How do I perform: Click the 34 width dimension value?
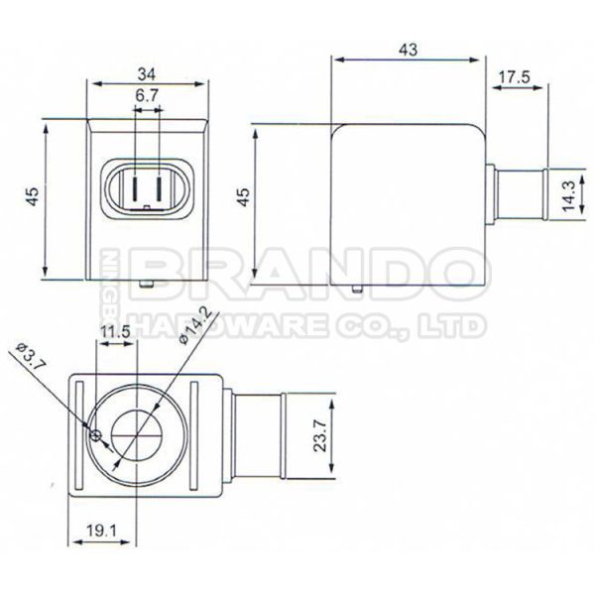pyautogui.click(x=147, y=72)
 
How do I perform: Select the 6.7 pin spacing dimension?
pyautogui.click(x=147, y=96)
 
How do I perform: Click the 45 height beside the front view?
pyautogui.click(x=34, y=198)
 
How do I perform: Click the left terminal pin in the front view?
pyautogui.click(x=128, y=187)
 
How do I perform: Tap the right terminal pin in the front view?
pyautogui.click(x=166, y=187)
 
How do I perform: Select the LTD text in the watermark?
pyautogui.click(x=451, y=325)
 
